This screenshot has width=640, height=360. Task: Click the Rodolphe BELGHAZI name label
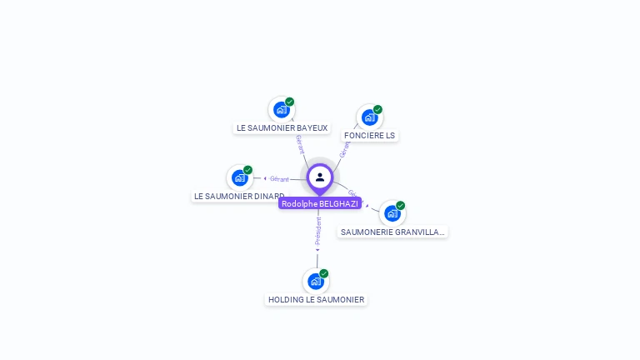320,203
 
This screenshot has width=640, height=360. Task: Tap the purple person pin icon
320,177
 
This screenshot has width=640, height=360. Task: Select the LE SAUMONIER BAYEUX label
282,128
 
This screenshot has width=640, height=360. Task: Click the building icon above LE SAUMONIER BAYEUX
282,109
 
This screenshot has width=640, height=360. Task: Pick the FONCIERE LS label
369,135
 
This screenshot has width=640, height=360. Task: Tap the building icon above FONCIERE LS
369,117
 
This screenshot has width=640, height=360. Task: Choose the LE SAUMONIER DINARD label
238,197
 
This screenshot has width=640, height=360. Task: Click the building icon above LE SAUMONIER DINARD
240,177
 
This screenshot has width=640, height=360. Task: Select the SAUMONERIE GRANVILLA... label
392,232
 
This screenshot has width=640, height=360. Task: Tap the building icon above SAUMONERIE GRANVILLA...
392,213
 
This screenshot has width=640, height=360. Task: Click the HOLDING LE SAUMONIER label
316,299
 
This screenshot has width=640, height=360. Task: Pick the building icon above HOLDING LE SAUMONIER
316,282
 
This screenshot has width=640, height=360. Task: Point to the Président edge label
317,231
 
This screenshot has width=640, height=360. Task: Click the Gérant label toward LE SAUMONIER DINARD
279,178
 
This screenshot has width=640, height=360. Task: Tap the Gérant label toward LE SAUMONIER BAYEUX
300,144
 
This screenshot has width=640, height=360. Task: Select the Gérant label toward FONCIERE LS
345,149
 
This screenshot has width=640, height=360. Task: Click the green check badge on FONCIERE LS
377,109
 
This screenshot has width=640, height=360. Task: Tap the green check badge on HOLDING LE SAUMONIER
324,273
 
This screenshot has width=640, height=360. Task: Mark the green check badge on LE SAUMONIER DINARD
247,170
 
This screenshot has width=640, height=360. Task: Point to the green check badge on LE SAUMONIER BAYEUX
289,102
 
